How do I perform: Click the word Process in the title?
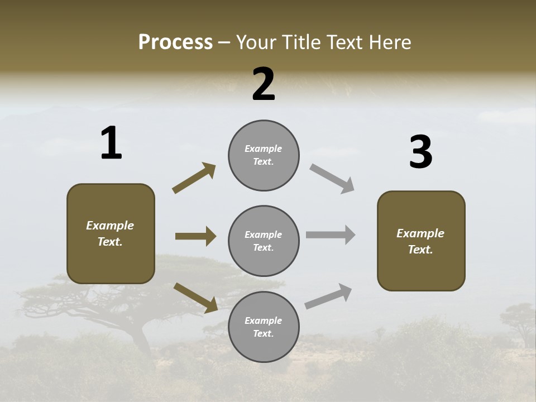[175, 42]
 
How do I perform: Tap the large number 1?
[111, 143]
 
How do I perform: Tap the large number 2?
[264, 84]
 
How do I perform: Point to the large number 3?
[420, 152]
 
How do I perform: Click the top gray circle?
[264, 155]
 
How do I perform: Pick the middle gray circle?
[264, 241]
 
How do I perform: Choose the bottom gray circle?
[264, 327]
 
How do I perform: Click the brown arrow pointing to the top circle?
[194, 178]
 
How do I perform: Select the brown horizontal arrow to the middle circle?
[195, 236]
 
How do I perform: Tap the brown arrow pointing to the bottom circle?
[195, 298]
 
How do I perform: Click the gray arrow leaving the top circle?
[332, 179]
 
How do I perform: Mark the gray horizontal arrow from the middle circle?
[331, 235]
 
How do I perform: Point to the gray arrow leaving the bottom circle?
[328, 296]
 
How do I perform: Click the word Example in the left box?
[110, 226]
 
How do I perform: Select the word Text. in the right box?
[420, 250]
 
